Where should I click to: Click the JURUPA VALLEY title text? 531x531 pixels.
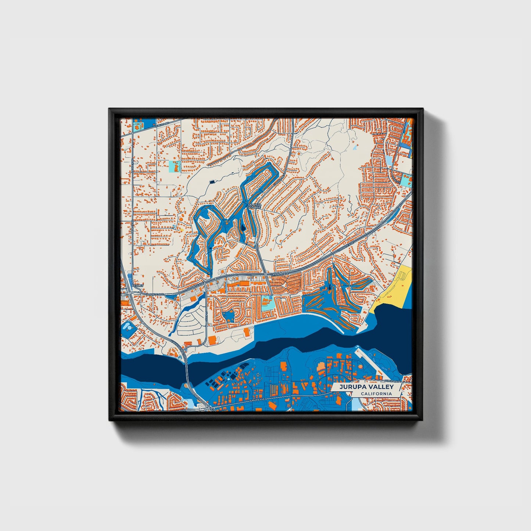366,387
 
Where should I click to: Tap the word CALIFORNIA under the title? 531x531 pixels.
376,394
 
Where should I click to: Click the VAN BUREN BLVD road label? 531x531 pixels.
177,346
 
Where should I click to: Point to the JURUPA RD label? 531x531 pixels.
162,124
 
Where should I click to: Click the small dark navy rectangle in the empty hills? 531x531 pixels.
212,181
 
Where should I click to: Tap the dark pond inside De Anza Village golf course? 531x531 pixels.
243,230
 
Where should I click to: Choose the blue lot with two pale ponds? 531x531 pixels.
128,326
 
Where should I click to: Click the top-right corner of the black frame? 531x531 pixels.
422,109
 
